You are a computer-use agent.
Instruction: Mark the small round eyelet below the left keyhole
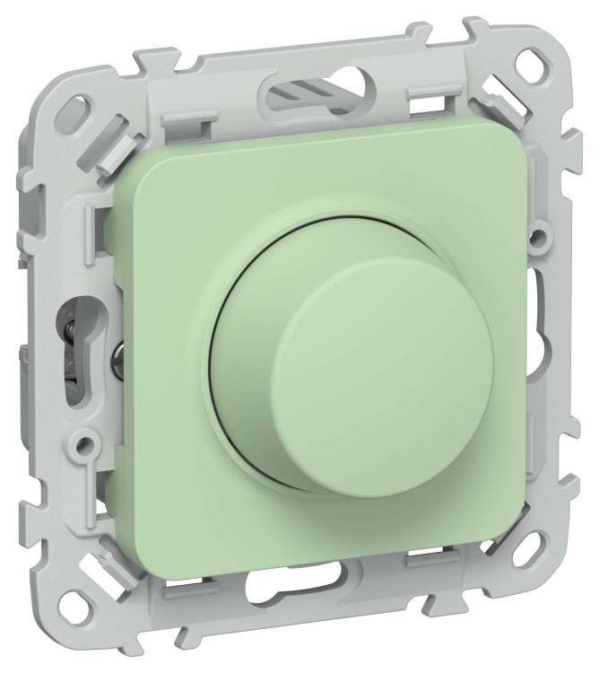pos(84,441)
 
